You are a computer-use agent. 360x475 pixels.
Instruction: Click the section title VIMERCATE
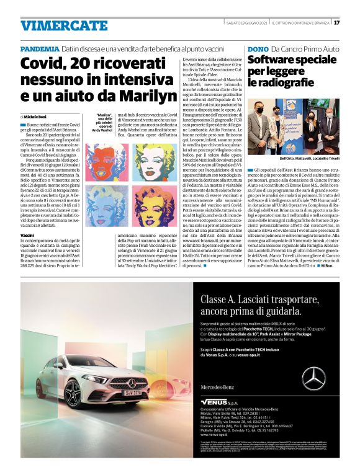tap(55, 25)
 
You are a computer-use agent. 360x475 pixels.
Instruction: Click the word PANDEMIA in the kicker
tap(39, 48)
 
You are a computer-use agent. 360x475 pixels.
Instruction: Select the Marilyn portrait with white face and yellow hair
tap(151, 204)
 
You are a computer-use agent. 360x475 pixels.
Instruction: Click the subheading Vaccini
tap(28, 236)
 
